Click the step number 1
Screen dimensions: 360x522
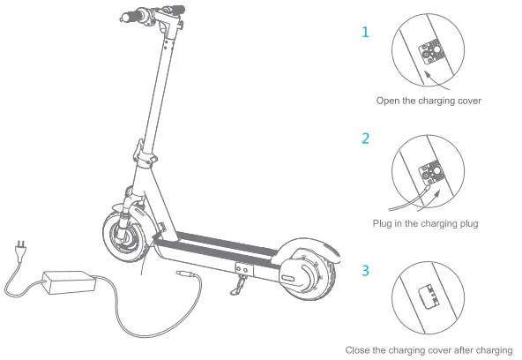pyautogui.click(x=365, y=33)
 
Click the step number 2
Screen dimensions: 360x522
pyautogui.click(x=365, y=139)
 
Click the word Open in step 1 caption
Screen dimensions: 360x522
pyautogui.click(x=389, y=101)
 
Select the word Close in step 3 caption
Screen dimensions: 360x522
pyautogui.click(x=359, y=350)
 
